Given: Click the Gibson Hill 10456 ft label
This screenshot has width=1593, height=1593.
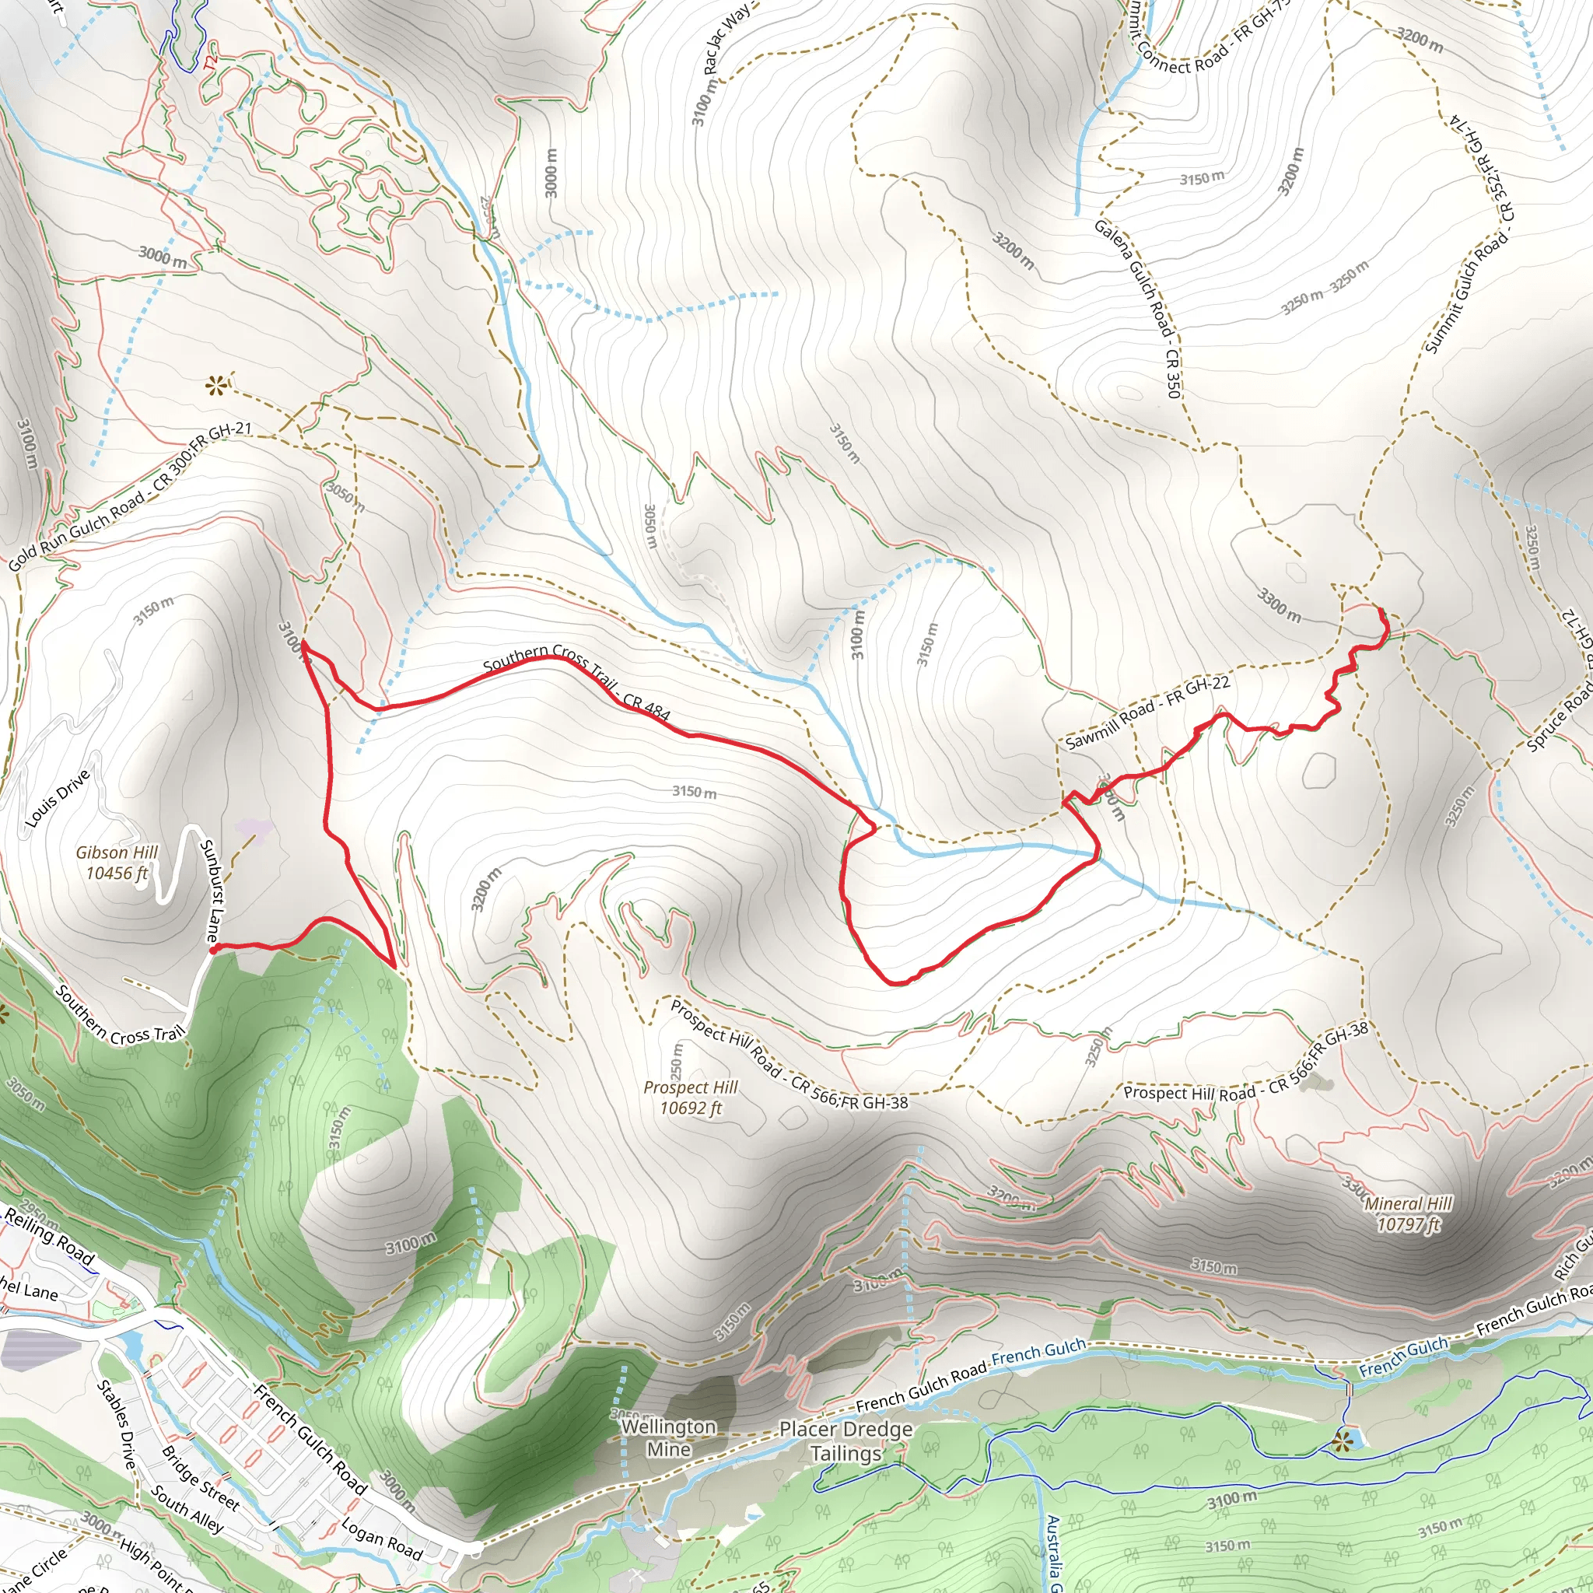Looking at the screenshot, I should point(117,863).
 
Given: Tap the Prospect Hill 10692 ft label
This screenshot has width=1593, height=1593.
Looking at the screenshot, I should point(690,1098).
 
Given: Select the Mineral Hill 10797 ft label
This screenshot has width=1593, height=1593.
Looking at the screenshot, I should point(1409,1213).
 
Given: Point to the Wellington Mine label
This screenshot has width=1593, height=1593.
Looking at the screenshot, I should point(668,1437).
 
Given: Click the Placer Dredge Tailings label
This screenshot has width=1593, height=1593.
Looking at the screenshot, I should point(846,1441).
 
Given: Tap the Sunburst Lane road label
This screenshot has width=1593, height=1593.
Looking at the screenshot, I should point(212,891).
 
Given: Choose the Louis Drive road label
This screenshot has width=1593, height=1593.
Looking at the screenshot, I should point(58,798).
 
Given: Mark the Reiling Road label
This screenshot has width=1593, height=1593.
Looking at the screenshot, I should point(50,1234).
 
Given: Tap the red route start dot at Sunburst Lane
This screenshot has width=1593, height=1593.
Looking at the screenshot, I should point(212,950).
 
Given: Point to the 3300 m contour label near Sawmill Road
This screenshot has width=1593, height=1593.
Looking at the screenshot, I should point(1279,605).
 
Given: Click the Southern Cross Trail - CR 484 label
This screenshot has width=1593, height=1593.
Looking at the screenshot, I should point(576,681).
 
